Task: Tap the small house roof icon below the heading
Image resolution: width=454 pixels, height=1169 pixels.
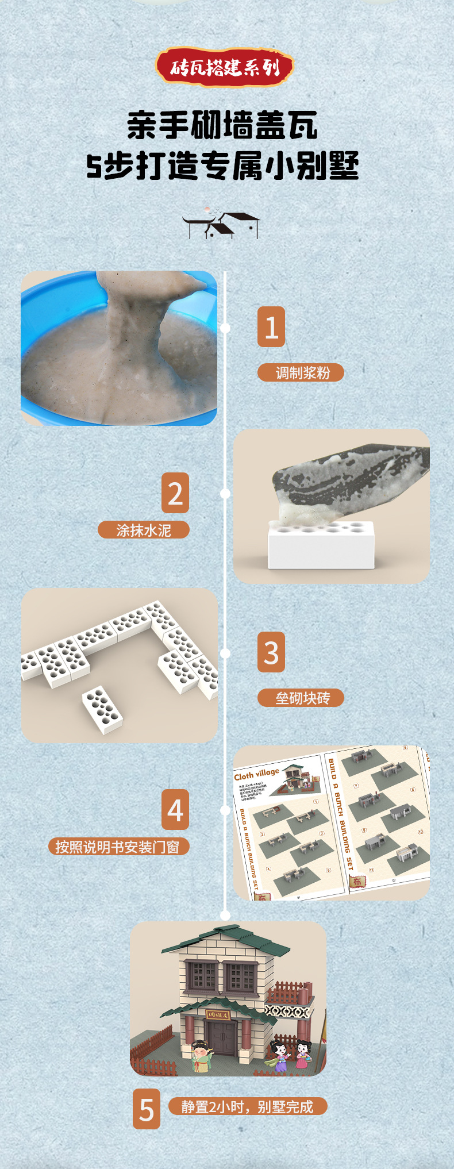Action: pos(221,225)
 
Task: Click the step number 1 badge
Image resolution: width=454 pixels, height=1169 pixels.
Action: pos(271,326)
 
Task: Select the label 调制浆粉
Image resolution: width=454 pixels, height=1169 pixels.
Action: pos(301,372)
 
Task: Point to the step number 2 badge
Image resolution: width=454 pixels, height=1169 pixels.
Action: pos(175,493)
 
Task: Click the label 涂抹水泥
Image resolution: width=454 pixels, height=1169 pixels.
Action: pos(144,530)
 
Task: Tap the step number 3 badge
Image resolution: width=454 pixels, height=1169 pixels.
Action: pos(271,652)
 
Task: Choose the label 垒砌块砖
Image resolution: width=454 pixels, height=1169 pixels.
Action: pos(301,698)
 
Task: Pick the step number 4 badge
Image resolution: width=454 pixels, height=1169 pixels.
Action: pos(175,809)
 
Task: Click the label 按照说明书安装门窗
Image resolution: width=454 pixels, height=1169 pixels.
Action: pos(118,847)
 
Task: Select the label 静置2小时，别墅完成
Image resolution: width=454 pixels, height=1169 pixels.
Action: pos(248,1106)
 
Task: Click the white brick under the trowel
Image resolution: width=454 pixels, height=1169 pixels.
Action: pos(321,545)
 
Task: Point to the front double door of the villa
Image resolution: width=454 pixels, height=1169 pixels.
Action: pos(221,1039)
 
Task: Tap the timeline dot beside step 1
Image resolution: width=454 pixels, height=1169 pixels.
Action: pos(225,328)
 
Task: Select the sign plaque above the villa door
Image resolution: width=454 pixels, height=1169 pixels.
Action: pos(218,1015)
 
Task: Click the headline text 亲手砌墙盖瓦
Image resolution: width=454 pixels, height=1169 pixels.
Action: pos(222,125)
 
